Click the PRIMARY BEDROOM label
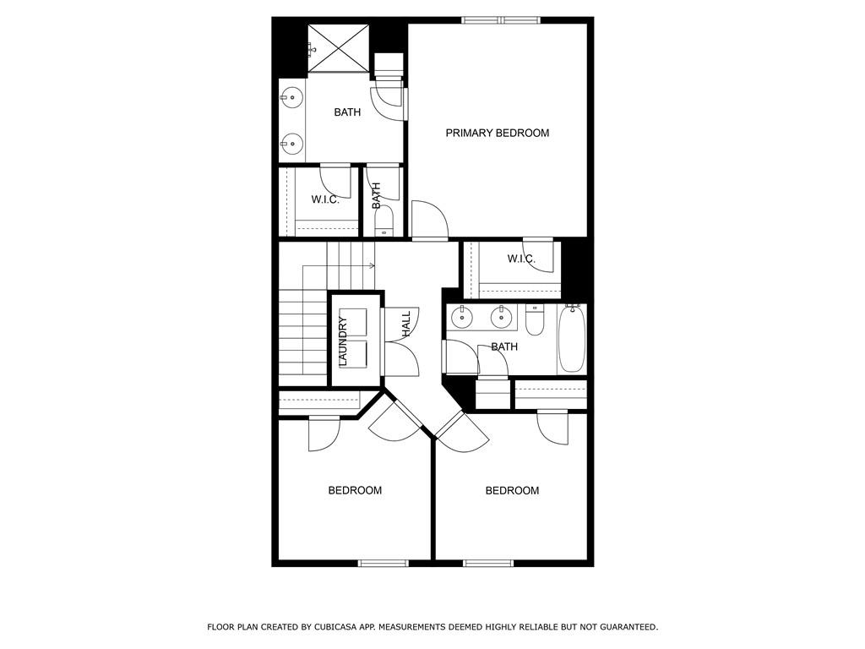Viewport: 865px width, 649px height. (497, 133)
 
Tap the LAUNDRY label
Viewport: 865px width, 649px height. (343, 341)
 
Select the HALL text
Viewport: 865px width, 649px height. (406, 324)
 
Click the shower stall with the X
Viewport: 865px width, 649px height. (338, 48)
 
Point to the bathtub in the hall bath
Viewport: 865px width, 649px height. (572, 338)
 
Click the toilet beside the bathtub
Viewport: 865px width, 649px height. (535, 320)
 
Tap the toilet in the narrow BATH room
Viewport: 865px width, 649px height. (384, 221)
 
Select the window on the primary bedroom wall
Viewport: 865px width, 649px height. (501, 20)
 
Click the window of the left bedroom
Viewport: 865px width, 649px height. (384, 563)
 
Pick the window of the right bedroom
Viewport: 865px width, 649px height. (488, 563)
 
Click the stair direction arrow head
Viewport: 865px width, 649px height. (373, 266)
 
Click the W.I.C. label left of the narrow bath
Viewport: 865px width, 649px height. (325, 199)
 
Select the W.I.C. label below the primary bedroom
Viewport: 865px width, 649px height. (521, 259)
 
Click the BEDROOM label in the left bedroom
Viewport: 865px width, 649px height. (355, 490)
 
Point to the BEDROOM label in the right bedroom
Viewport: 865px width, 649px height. (512, 490)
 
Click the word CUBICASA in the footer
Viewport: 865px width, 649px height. (335, 627)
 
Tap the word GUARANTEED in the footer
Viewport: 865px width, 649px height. (628, 627)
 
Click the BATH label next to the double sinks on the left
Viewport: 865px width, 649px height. (347, 112)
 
